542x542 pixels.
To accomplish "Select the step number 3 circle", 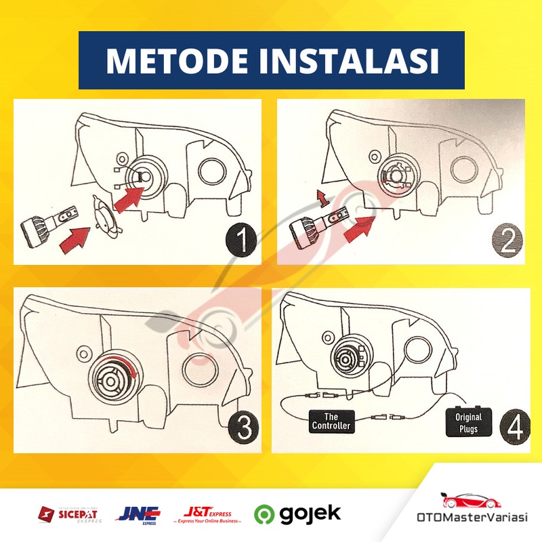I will (242, 428).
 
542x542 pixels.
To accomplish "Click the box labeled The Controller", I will (331, 421).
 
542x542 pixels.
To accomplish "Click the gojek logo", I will (298, 514).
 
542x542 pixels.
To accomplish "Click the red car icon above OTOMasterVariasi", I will (465, 501).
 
